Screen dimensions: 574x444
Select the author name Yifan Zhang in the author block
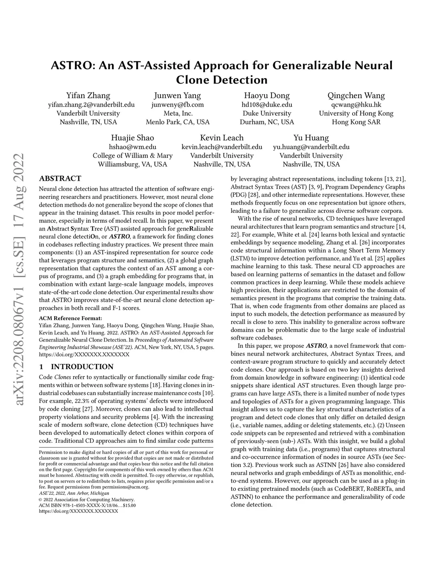(x=88, y=96)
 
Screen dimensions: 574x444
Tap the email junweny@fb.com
(x=177, y=105)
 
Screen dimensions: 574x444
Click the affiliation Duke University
(x=267, y=114)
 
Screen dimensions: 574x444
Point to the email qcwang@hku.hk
(x=356, y=105)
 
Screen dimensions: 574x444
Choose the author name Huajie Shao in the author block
(x=133, y=138)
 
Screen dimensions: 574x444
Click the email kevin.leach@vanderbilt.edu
(x=222, y=147)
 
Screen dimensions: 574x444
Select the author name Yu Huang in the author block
(x=311, y=138)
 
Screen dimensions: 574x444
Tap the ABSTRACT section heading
(x=60, y=178)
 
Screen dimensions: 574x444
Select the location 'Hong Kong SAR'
(x=356, y=122)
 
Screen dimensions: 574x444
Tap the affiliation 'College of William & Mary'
(x=133, y=156)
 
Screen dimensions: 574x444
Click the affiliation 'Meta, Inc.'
(x=177, y=114)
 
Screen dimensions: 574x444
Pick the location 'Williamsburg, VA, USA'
(x=133, y=165)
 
